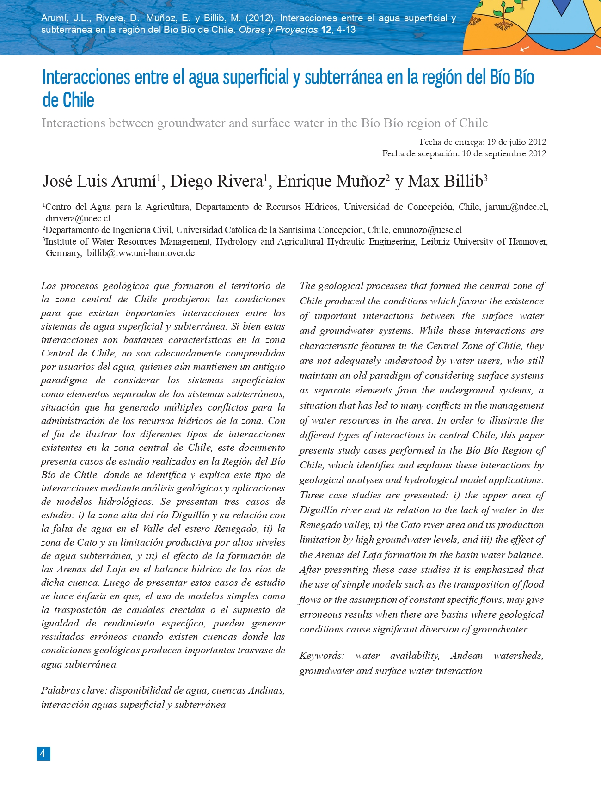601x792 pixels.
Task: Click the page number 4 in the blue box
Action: (x=43, y=754)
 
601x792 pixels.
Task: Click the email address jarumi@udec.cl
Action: (x=515, y=207)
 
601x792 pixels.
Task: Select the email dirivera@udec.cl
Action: (x=78, y=219)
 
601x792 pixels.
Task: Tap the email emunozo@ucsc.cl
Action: (x=427, y=230)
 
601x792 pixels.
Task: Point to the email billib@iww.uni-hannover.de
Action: (x=141, y=253)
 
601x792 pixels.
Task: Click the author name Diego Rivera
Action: (x=216, y=181)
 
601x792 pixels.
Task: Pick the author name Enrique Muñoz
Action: (x=331, y=181)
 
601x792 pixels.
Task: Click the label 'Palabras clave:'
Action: (x=74, y=690)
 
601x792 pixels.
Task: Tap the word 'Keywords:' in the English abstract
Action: (x=322, y=656)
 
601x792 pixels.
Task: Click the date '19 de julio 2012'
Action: (x=516, y=142)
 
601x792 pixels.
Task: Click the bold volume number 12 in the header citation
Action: (x=326, y=30)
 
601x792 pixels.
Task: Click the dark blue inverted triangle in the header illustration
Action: (x=561, y=6)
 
